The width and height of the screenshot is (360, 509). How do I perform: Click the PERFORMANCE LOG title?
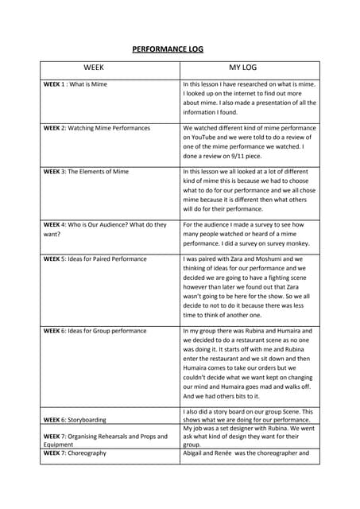tap(167, 49)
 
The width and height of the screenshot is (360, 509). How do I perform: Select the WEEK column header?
tap(95, 68)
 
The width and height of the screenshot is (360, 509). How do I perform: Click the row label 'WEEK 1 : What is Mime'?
tap(75, 84)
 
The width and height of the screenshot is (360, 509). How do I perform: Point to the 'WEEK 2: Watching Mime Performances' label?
tap(96, 128)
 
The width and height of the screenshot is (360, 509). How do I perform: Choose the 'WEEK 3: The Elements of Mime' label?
tap(85, 172)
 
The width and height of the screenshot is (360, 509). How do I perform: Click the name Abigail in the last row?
tap(195, 453)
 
